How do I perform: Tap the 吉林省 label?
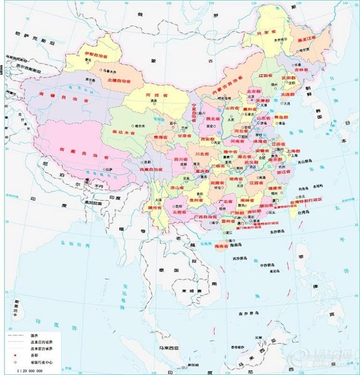pyautogui.click(x=301, y=68)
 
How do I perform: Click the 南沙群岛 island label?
pyautogui.click(x=248, y=312)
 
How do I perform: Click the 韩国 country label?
pyautogui.click(x=318, y=111)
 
